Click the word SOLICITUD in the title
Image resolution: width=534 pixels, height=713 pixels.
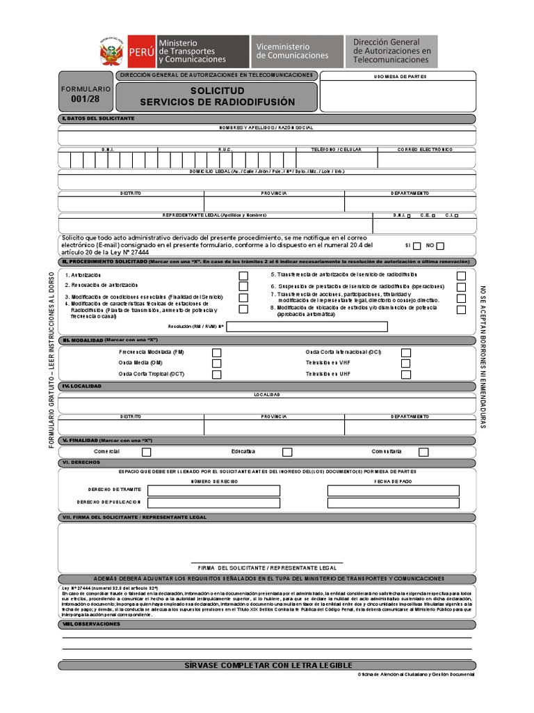point(217,92)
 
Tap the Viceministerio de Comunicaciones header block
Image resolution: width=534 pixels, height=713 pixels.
point(296,51)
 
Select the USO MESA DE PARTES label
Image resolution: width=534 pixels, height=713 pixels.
point(400,77)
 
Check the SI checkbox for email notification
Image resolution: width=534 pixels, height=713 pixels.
point(416,246)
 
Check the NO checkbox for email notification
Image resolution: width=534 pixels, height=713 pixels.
point(440,246)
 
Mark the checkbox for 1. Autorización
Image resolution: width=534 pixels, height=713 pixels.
point(243,276)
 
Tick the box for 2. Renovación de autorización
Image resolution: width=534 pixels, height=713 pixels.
point(243,286)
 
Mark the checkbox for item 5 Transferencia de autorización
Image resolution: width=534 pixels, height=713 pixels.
point(461,276)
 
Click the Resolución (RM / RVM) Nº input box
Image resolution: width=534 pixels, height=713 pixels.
point(307,327)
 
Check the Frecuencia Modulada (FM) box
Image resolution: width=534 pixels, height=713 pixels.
point(217,353)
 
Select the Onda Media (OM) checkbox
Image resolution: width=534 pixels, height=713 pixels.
point(217,363)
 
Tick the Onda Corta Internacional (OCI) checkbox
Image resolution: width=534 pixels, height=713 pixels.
point(405,353)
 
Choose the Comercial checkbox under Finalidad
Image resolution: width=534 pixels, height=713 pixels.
point(146,452)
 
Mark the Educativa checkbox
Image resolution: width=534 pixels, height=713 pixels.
point(287,452)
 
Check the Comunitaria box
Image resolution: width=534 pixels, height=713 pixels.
point(423,452)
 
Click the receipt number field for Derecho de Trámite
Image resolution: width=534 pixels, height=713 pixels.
point(213,490)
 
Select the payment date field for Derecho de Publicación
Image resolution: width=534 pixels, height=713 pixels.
point(393,503)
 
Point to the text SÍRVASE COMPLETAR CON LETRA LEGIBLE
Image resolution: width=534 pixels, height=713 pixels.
point(267,666)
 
